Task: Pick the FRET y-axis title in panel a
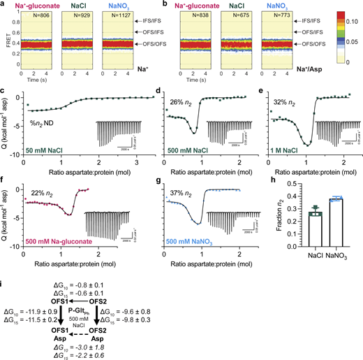point(6,43)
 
